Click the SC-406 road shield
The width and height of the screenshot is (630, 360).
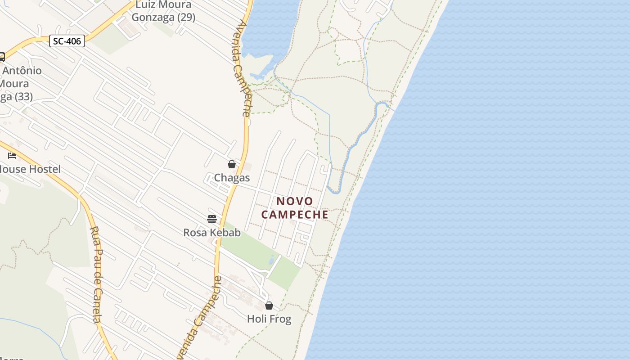pos(67,41)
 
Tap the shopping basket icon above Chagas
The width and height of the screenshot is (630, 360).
pos(232,165)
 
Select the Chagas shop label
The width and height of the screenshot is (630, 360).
pos(232,178)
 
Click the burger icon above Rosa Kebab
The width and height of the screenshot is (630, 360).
pos(212,219)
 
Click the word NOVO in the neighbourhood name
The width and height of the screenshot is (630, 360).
pos(295,201)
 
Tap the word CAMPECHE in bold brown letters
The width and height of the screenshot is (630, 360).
pos(295,215)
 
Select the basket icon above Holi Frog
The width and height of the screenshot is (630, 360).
pos(269,306)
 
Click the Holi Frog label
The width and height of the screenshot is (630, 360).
pos(269,319)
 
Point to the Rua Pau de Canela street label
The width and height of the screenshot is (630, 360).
pos(95,274)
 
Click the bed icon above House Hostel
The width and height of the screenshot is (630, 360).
pos(12,156)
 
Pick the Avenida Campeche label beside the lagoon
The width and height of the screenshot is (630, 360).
pos(242,67)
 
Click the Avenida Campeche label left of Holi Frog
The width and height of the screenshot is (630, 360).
pos(200,317)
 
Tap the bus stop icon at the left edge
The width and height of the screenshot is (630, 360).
pos(1,57)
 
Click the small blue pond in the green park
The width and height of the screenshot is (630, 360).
pos(271,260)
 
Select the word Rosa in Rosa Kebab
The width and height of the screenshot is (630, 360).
pos(194,233)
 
